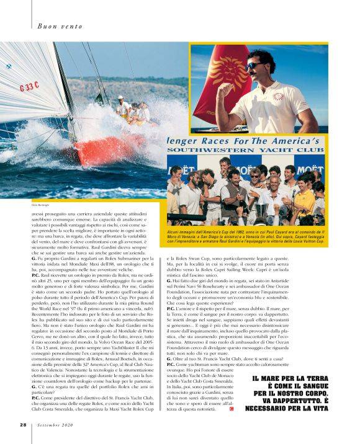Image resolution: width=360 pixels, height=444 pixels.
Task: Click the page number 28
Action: [22, 425]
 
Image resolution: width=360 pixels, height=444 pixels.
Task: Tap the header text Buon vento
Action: [56, 25]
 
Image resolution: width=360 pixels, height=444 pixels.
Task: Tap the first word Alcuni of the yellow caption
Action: [176, 231]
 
